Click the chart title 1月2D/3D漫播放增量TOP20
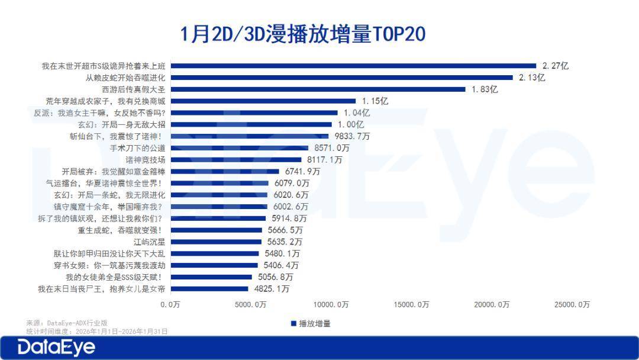pos(303,34)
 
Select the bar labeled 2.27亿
pos(353,66)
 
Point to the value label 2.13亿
pos(532,78)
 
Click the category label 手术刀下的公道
pos(138,148)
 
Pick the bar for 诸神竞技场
pos(236,160)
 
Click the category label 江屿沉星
pos(151,242)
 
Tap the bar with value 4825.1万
pos(209,289)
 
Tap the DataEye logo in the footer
pos(56,348)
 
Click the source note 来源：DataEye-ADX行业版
pos(67,323)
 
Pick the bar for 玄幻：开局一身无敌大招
pos(251,124)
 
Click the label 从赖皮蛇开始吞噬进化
pos(125,78)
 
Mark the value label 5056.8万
pos(276,277)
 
